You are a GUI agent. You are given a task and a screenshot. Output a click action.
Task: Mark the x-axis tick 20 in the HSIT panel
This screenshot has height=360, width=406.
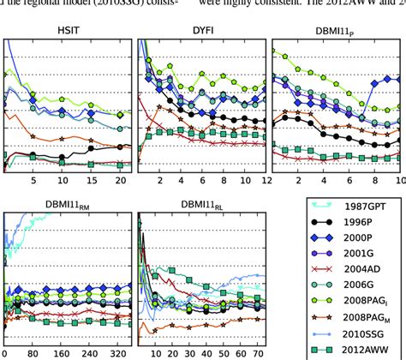pyautogui.click(x=120, y=181)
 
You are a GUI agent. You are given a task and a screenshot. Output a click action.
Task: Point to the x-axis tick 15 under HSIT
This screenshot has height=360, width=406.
pyautogui.click(x=91, y=181)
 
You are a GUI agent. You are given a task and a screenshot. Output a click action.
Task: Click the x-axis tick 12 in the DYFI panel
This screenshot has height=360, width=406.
pyautogui.click(x=266, y=181)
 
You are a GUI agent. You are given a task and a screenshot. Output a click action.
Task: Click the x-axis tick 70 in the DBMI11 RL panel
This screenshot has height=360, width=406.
pyautogui.click(x=256, y=352)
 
